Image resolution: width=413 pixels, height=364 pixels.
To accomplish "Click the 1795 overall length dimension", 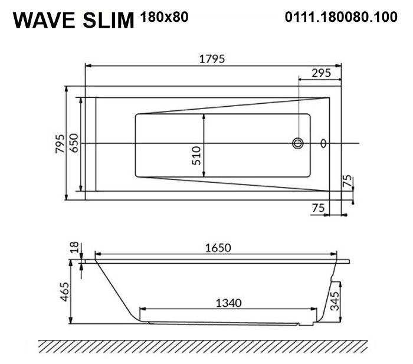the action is [212, 59].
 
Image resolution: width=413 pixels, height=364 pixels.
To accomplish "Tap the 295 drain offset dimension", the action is [321, 73].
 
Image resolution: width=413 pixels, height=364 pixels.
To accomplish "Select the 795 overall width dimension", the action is [60, 143].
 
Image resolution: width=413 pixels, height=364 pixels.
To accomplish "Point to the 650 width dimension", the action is [74, 143].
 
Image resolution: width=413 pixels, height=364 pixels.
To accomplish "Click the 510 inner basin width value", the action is [196, 156].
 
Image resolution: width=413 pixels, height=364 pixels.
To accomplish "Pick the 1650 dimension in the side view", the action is [218, 248].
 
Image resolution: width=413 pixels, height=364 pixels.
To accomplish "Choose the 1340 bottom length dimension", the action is [229, 303].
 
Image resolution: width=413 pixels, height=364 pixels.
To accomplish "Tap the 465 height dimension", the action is [64, 292].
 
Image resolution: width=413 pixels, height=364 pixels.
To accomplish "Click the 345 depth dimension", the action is [335, 301].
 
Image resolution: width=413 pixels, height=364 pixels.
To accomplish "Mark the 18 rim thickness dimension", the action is [75, 247].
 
